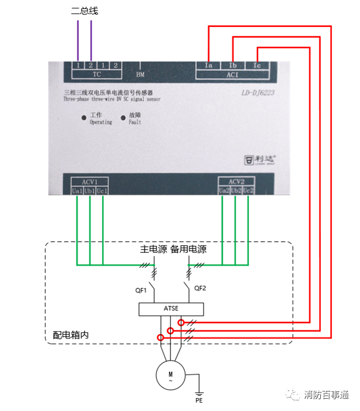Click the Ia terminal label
coord(209,66)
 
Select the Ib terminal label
coord(233,66)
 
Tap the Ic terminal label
coord(257,66)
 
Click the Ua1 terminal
coord(77,191)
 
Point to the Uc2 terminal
coord(249,191)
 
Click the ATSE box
coord(171,309)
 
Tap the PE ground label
coord(199,401)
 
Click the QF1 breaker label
coord(141,290)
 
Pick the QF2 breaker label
coord(201,288)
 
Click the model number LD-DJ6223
coord(259,94)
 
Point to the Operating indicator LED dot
coord(84,118)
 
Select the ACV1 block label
coord(89,182)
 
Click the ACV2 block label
coord(236,182)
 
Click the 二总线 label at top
coord(85,11)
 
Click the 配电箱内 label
coord(71,335)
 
